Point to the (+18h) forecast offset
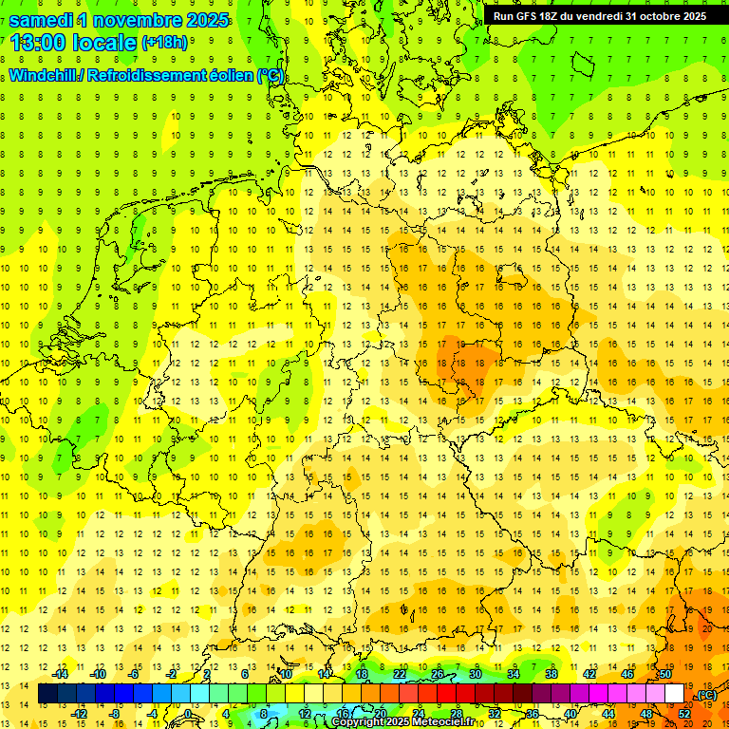164,43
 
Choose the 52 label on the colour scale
684,714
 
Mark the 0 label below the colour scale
188,714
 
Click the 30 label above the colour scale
475,674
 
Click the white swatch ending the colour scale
674,694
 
